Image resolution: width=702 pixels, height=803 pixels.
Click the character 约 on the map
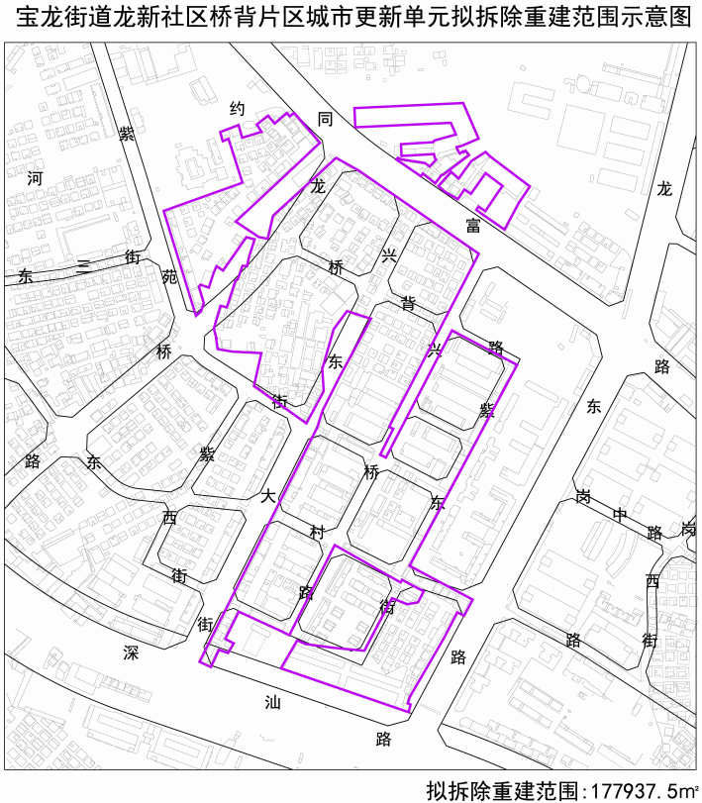(237, 109)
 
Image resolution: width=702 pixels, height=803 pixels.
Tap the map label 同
(325, 119)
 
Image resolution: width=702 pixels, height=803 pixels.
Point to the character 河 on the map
(36, 179)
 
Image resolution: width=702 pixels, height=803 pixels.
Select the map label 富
(472, 226)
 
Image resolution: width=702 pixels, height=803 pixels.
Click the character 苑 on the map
(169, 276)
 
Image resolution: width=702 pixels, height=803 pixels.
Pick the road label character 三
(83, 266)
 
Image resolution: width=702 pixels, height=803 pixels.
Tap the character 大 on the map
(268, 496)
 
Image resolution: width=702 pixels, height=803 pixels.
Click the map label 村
(317, 533)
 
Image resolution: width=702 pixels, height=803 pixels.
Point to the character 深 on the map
(131, 652)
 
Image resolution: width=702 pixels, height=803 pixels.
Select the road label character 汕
(272, 702)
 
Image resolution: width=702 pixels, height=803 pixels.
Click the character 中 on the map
(620, 515)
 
